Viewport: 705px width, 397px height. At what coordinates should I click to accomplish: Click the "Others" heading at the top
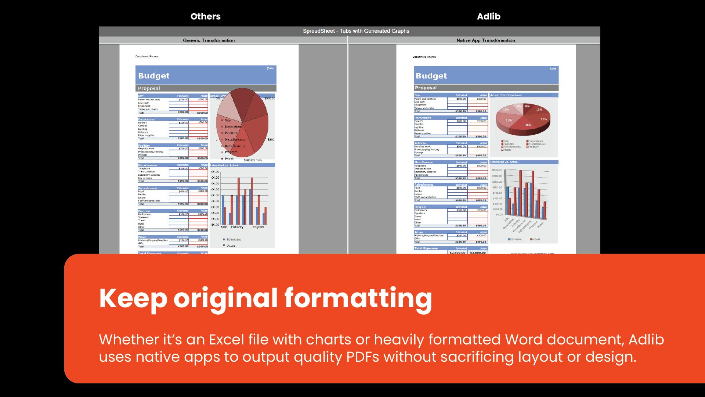[205, 17]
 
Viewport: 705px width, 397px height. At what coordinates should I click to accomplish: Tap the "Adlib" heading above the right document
[488, 17]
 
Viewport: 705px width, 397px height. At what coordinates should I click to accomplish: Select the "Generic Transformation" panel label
[209, 40]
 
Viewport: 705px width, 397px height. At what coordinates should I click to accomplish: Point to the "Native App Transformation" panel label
[485, 40]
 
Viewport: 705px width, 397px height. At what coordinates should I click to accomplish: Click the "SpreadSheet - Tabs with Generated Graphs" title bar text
[356, 31]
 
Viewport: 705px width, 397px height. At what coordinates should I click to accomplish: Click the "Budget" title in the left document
[154, 76]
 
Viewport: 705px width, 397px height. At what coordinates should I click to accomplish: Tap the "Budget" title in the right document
[431, 76]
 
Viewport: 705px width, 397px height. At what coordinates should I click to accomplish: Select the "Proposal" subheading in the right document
[426, 88]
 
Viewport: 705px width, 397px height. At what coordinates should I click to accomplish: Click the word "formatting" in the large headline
[358, 298]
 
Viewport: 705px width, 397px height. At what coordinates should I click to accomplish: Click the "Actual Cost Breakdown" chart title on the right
[506, 95]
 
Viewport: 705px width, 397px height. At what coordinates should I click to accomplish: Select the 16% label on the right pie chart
[528, 125]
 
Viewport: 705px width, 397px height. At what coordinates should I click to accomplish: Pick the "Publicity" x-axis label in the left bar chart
[237, 227]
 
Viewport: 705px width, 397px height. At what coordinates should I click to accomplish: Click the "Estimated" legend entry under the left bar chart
[234, 239]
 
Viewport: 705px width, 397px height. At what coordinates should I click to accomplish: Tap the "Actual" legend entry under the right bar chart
[536, 239]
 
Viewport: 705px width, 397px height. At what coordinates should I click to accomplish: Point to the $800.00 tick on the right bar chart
[497, 170]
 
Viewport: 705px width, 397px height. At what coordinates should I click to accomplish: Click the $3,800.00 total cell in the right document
[478, 253]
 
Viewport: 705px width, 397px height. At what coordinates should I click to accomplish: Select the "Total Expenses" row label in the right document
[426, 248]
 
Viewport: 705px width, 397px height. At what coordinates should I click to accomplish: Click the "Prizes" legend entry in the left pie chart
[229, 159]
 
